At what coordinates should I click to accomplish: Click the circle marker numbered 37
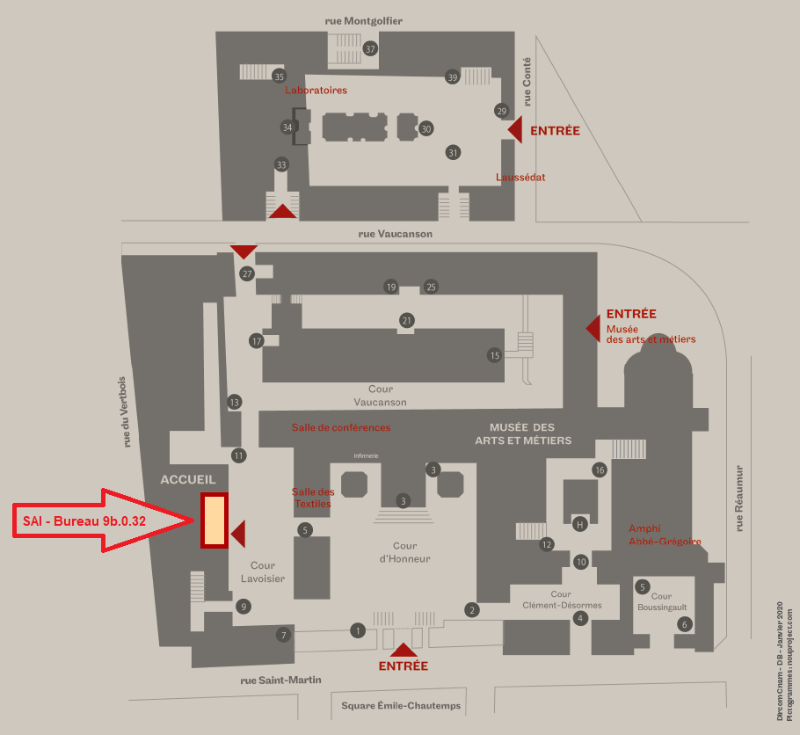371,48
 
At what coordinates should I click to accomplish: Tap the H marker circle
579,524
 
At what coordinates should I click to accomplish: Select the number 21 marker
406,320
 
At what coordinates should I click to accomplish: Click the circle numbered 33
281,164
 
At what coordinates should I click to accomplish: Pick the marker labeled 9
244,606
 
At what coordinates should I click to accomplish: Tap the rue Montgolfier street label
369,20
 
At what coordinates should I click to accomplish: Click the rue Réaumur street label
739,498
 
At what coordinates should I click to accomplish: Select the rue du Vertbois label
128,412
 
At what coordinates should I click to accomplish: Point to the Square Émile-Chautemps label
400,705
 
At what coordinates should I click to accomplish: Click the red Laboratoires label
316,91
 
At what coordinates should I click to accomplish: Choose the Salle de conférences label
341,427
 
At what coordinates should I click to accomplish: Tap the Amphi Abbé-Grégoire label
665,535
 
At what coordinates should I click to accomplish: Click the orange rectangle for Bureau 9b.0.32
214,520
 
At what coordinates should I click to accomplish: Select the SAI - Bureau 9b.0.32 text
84,521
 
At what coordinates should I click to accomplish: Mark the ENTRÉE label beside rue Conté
555,130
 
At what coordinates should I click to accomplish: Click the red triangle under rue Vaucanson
244,251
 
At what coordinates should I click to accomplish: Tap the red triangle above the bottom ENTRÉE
404,650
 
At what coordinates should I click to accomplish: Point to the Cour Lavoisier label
263,571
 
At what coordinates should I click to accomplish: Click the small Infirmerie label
367,455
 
